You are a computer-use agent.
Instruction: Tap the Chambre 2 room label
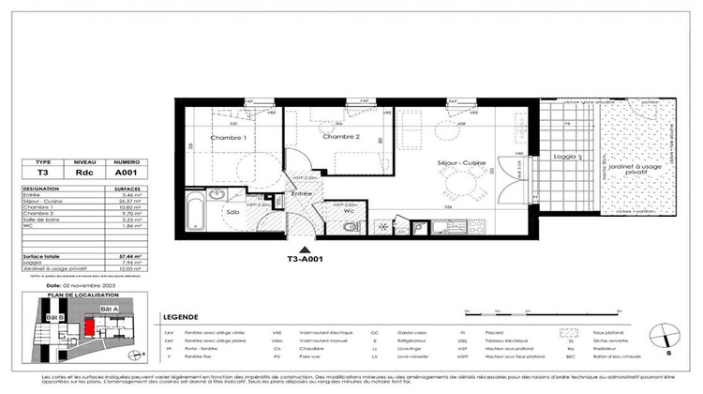[341, 137]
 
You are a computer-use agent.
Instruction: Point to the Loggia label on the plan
[564, 157]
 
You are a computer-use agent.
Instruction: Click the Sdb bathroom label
[231, 212]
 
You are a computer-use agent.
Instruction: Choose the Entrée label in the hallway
[300, 193]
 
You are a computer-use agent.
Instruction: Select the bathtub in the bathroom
[195, 214]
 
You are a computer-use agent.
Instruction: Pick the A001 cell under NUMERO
[126, 172]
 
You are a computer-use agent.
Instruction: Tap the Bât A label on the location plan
[111, 309]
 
